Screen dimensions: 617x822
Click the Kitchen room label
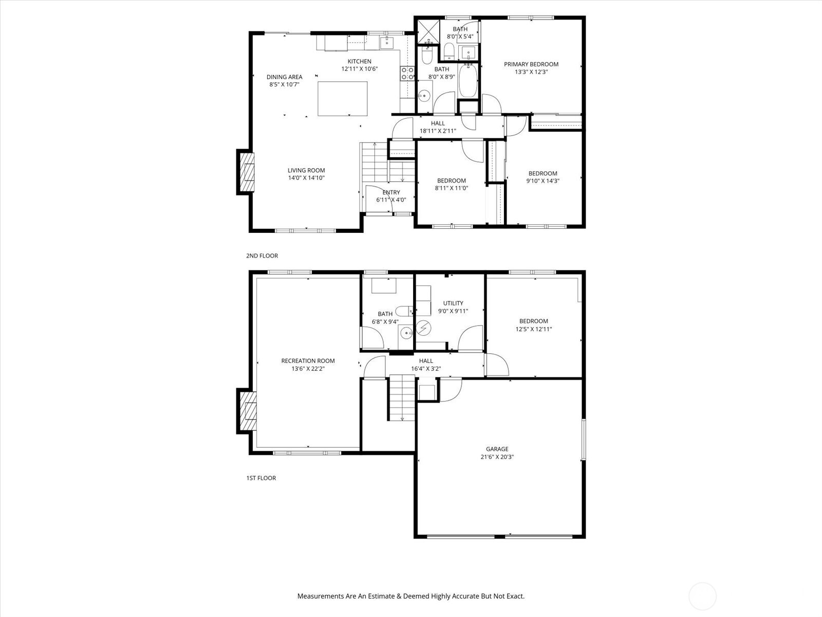tap(359, 62)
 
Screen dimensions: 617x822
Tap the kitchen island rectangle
tap(342, 98)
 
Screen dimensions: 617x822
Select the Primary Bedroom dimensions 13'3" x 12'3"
tap(531, 72)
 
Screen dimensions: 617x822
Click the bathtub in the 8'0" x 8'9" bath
tap(468, 81)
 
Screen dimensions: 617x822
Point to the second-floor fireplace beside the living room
tap(246, 172)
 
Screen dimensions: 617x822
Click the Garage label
tap(497, 449)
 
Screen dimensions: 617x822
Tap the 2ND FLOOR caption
tap(262, 256)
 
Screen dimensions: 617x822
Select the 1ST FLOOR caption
tap(261, 478)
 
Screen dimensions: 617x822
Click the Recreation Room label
tap(308, 361)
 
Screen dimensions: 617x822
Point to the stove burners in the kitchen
tap(407, 74)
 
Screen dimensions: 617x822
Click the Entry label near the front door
tap(391, 193)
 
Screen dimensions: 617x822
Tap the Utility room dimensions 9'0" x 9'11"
tap(453, 311)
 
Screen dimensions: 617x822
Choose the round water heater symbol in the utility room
tap(424, 327)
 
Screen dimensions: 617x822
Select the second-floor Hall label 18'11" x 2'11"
tap(438, 131)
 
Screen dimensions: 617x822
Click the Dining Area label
tap(284, 77)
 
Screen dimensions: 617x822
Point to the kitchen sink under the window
tap(386, 42)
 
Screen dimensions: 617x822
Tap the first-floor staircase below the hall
tap(401, 398)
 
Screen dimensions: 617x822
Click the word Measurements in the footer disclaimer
tap(320, 596)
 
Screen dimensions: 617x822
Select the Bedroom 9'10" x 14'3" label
tap(543, 173)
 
